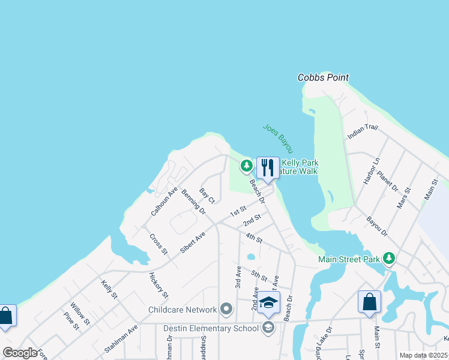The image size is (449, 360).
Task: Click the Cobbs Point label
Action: [324, 78]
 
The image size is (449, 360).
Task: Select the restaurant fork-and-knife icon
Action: [268, 167]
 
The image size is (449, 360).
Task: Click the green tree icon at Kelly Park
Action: [246, 166]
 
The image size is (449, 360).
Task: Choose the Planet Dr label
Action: [388, 181]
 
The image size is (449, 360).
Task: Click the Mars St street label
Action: [403, 197]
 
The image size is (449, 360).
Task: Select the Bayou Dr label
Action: [377, 227]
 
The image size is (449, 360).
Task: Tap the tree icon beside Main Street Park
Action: [390, 259]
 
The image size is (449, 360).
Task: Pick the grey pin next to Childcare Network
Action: [226, 310]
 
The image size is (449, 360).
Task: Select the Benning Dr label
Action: [193, 203]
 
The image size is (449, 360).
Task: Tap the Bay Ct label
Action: [207, 195]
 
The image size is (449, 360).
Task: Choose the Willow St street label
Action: [80, 313]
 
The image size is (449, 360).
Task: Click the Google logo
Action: [20, 353]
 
